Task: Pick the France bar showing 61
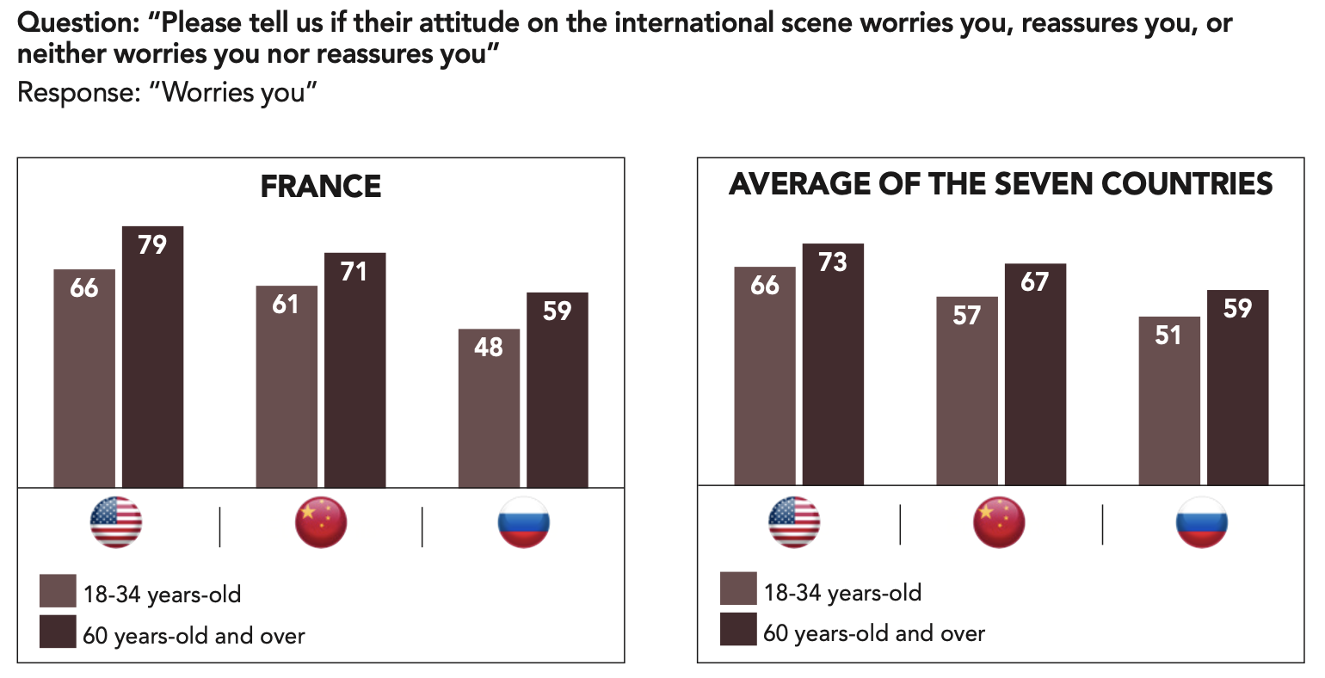pyautogui.click(x=287, y=386)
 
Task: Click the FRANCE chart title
pyautogui.click(x=321, y=187)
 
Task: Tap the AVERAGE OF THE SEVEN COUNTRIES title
pyautogui.click(x=1001, y=184)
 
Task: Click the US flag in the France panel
pyautogui.click(x=116, y=522)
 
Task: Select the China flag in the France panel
pyautogui.click(x=321, y=522)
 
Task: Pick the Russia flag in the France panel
pyautogui.click(x=523, y=522)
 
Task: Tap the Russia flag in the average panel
pyautogui.click(x=1202, y=522)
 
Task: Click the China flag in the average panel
pyautogui.click(x=999, y=522)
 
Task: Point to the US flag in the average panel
pyautogui.click(x=794, y=522)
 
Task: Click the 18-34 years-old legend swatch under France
pyautogui.click(x=58, y=591)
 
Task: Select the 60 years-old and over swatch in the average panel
pyautogui.click(x=738, y=630)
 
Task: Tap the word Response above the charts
pyautogui.click(x=78, y=92)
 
